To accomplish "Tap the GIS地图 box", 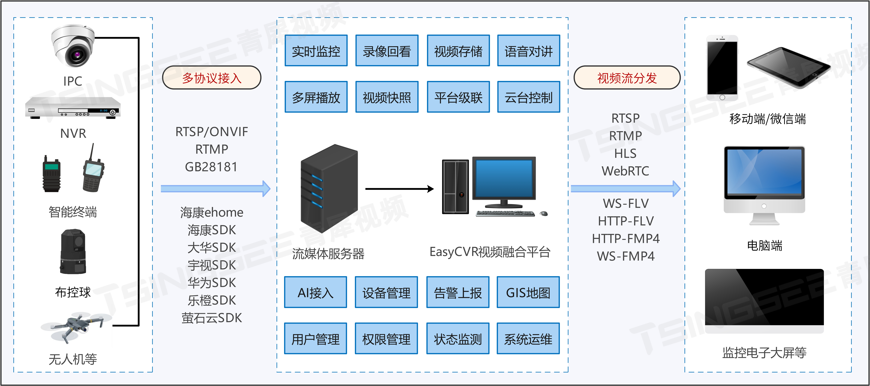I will tap(528, 292).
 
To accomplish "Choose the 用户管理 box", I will tap(315, 339).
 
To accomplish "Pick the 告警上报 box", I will tap(458, 292).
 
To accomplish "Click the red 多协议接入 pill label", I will tap(212, 78).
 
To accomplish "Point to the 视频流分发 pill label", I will tap(627, 78).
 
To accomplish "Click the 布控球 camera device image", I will tap(73, 252).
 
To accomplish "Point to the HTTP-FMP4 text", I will tap(626, 238).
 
